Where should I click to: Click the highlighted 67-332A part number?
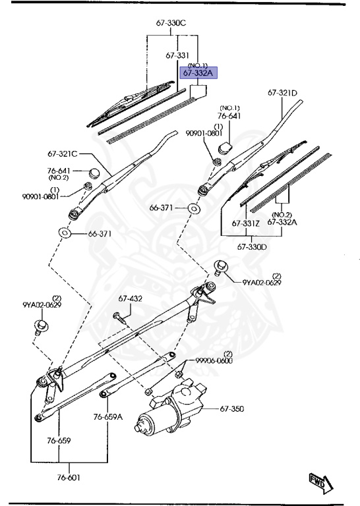198,73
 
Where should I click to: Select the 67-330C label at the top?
171,23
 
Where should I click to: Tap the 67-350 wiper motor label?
232,409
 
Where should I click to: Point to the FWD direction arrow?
320,483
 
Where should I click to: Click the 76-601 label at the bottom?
68,477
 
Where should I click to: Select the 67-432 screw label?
130,299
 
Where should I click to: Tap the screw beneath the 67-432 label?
119,318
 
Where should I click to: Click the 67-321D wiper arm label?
282,93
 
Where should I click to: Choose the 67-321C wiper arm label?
63,154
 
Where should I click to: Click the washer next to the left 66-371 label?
64,233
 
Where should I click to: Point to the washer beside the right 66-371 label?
193,208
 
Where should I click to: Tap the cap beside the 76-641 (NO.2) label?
94,173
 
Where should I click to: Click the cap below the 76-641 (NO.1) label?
225,148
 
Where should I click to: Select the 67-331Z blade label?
246,223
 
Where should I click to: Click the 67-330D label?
252,247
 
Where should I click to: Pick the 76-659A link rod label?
108,417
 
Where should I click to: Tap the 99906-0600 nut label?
214,360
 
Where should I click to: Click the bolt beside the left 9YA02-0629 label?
42,327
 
